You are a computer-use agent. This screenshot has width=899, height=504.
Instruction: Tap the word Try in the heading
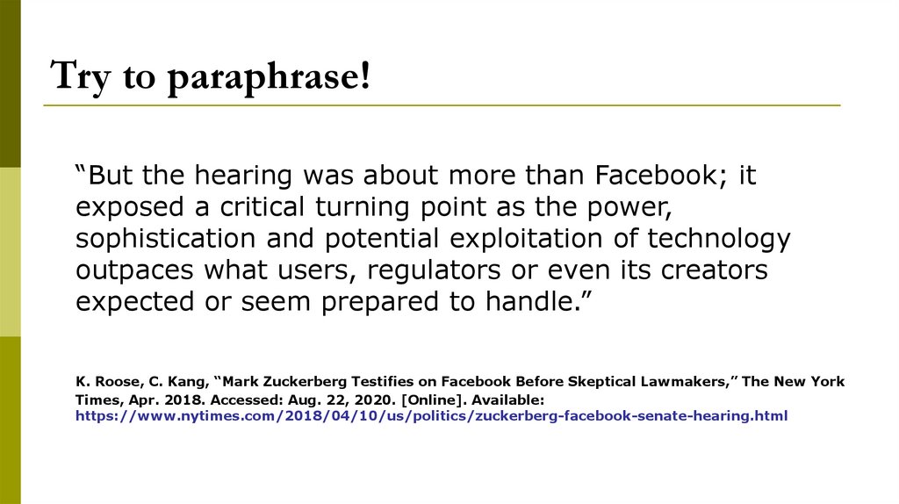(x=80, y=77)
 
